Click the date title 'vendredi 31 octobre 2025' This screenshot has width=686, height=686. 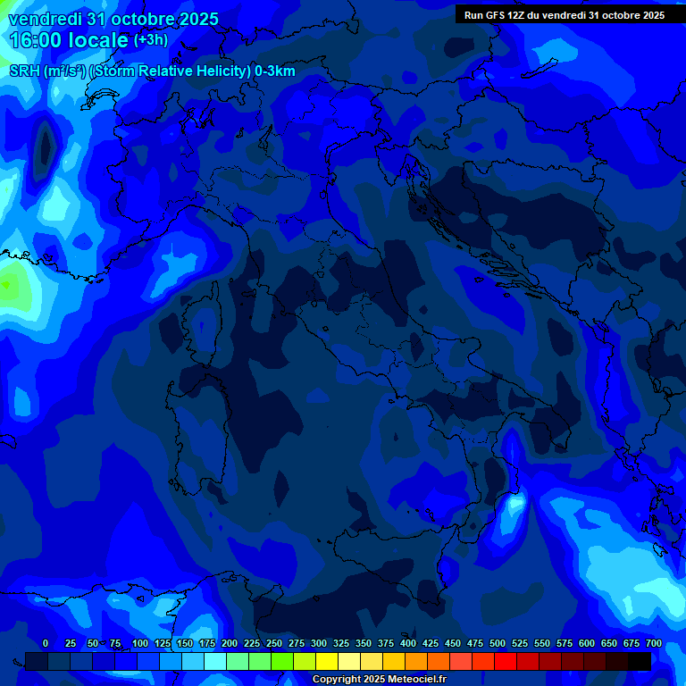[x=113, y=20]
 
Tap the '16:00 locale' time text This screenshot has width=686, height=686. [x=69, y=40]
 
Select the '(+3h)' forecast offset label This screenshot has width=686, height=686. [x=150, y=40]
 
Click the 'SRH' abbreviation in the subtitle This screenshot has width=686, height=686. [x=24, y=71]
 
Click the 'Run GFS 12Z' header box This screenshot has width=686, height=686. [x=564, y=14]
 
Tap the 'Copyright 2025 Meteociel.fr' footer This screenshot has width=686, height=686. [x=379, y=680]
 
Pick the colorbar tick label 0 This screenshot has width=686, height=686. [x=46, y=643]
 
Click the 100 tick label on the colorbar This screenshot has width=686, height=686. [x=140, y=643]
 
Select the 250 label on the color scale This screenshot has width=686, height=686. [x=274, y=643]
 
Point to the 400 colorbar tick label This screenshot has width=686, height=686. [x=408, y=643]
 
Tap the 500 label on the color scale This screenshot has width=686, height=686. [x=498, y=643]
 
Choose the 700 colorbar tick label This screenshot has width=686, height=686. [x=654, y=643]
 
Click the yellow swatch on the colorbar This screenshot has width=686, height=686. [x=327, y=661]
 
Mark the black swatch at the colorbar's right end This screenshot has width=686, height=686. [x=640, y=661]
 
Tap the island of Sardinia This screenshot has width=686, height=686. [x=192, y=429]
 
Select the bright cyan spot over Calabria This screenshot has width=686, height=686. [x=514, y=506]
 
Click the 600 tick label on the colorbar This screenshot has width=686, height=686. [x=587, y=643]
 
